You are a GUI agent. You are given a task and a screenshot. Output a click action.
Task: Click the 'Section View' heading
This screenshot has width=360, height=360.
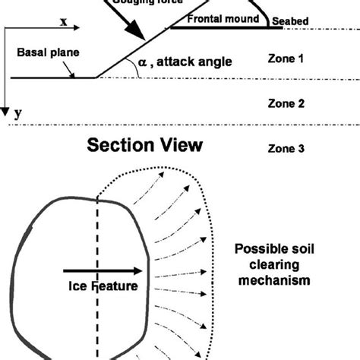click(x=146, y=145)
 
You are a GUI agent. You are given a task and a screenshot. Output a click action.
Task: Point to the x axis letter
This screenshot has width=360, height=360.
click(x=64, y=23)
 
